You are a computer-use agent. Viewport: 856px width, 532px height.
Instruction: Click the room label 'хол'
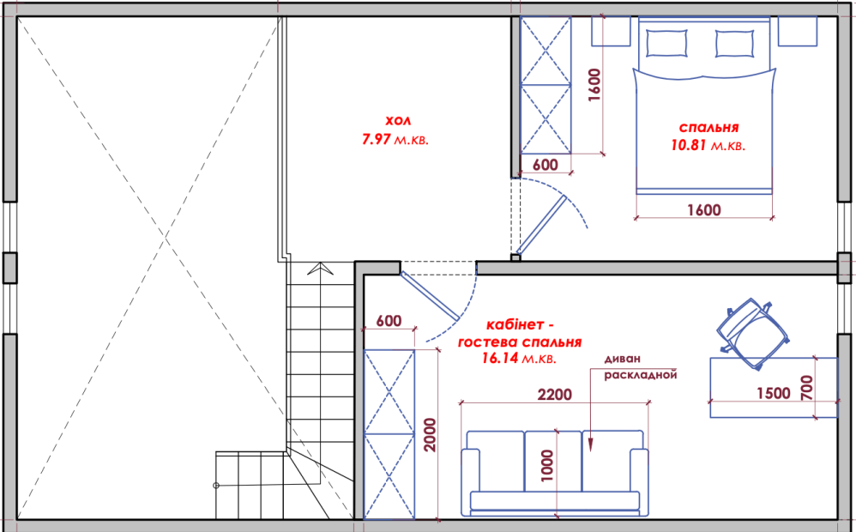(398, 121)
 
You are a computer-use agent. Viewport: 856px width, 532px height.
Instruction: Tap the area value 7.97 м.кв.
(395, 139)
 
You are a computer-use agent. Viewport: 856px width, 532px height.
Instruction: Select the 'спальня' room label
(708, 128)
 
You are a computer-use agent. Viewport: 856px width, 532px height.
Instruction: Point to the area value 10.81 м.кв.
(708, 145)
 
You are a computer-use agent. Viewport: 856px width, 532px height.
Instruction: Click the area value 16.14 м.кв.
(519, 359)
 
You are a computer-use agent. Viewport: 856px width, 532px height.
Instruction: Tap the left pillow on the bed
(666, 43)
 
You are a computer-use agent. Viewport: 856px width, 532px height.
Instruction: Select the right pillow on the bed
(734, 43)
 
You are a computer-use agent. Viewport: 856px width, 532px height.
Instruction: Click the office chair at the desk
(751, 334)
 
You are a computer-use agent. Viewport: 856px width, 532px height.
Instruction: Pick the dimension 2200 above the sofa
(555, 395)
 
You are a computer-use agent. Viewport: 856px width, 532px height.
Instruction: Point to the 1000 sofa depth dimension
(547, 465)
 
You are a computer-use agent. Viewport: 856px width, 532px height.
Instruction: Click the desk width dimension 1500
(774, 393)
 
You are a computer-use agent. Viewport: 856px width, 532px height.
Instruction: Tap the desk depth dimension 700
(806, 387)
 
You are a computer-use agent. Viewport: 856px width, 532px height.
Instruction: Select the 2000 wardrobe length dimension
(431, 435)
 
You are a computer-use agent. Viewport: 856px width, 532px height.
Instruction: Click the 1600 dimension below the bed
(703, 210)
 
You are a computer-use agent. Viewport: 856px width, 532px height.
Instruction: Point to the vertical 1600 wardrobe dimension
(594, 85)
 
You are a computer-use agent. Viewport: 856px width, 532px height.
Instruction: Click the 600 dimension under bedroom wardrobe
(545, 165)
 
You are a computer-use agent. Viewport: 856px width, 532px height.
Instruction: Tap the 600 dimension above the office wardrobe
(389, 321)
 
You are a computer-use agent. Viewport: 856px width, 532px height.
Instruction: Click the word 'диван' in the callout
(623, 359)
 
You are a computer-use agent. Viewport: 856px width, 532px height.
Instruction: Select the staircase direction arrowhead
(321, 269)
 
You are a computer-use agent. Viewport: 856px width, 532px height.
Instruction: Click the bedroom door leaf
(541, 225)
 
